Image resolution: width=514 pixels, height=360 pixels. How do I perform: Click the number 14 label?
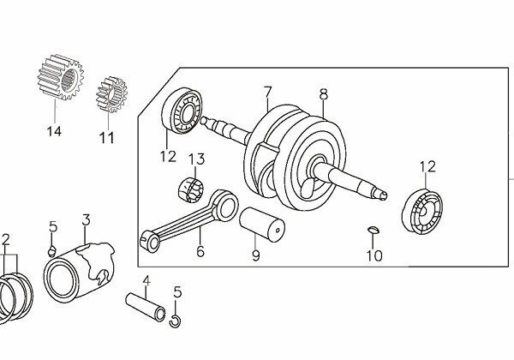(x=54, y=131)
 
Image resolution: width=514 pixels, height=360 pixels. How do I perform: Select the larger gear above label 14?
(x=61, y=77)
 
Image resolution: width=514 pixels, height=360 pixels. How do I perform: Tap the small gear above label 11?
(x=111, y=94)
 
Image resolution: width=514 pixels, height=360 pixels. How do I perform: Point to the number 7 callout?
(x=268, y=92)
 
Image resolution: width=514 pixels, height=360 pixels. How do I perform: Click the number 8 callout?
(x=323, y=94)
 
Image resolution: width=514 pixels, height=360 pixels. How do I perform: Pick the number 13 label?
(x=196, y=159)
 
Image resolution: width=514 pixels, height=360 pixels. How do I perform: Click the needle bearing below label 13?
(x=190, y=189)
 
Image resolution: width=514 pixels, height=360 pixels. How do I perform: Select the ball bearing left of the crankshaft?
(x=182, y=111)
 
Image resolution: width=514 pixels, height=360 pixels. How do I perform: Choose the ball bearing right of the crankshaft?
(x=421, y=212)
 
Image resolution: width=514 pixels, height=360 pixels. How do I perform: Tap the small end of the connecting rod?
(x=149, y=241)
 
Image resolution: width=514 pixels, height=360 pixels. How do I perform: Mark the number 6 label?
(x=200, y=251)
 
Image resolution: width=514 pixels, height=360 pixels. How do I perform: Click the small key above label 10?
(x=373, y=230)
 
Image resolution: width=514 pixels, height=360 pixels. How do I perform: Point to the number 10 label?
(x=374, y=255)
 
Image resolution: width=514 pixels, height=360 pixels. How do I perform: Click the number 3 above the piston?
(x=86, y=219)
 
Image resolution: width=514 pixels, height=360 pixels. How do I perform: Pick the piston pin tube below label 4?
(x=146, y=307)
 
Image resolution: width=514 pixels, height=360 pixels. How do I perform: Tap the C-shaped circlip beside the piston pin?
(x=175, y=321)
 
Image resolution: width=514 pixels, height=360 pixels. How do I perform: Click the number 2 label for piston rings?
(x=6, y=240)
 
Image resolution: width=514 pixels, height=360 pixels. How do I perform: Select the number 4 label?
(x=146, y=281)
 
